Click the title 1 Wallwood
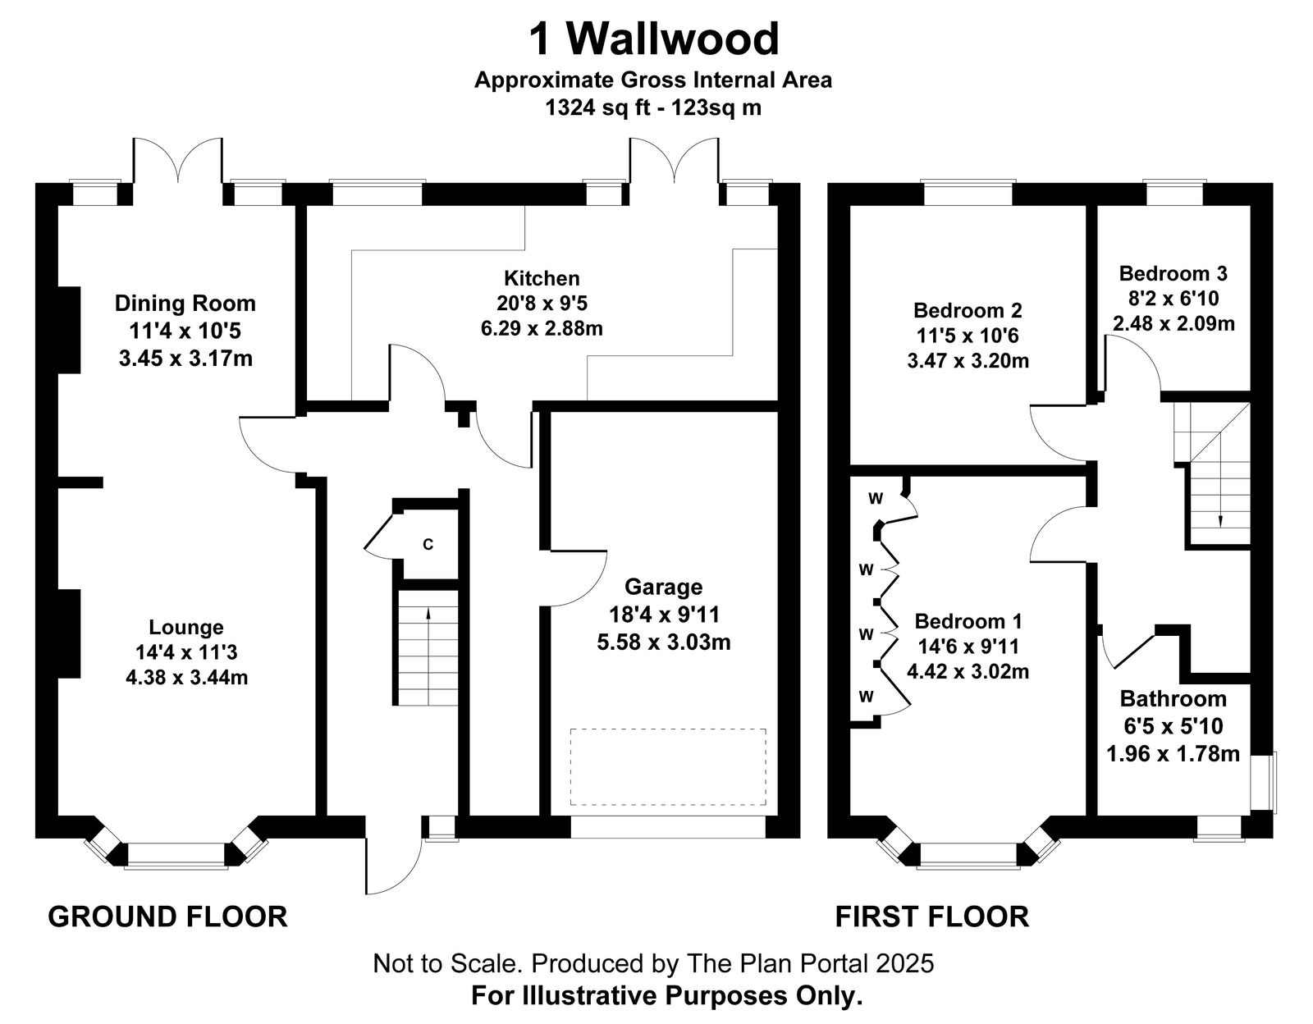654,39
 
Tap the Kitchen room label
542,278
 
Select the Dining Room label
185,304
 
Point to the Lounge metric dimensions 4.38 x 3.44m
187,678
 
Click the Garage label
663,587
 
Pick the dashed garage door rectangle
668,767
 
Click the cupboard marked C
428,544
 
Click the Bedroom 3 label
1173,274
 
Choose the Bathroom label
1173,699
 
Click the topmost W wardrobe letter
876,499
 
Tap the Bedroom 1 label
968,621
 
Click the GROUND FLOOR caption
167,917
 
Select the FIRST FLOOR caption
931,917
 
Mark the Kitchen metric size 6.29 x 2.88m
542,329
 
